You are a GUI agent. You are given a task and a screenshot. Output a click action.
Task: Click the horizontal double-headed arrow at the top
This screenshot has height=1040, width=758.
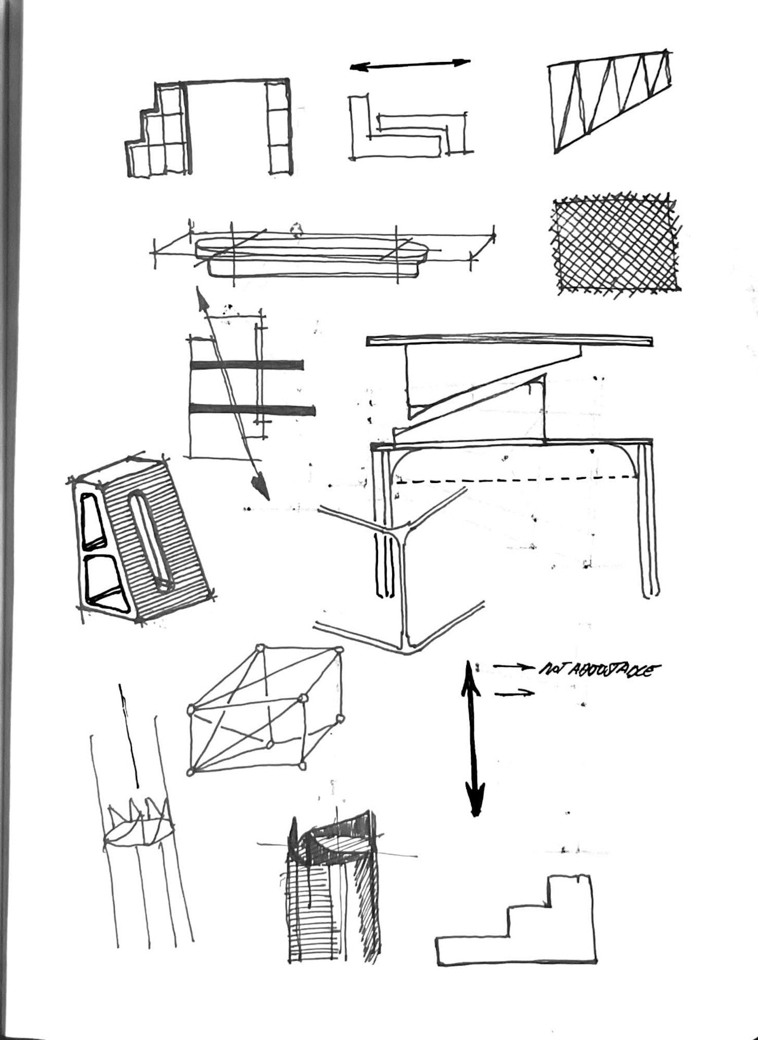(x=410, y=64)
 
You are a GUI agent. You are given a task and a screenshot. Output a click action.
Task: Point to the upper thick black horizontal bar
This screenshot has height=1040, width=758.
(x=247, y=365)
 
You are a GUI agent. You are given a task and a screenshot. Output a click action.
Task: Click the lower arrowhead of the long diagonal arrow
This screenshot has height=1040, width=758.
(x=261, y=484)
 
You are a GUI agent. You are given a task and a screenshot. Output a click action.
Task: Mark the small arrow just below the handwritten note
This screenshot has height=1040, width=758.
(x=514, y=693)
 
